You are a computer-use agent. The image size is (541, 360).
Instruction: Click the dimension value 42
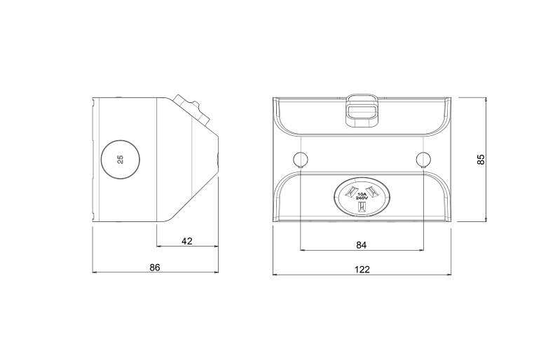(186, 241)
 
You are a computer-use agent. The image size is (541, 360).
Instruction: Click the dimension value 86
(155, 268)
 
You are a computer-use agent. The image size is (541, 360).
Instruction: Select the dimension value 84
(361, 245)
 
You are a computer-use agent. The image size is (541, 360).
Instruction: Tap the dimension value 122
(362, 270)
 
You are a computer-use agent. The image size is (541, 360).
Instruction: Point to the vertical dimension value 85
(481, 159)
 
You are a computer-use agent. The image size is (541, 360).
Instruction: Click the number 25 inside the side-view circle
(120, 159)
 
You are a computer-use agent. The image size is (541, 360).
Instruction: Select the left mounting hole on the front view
(300, 159)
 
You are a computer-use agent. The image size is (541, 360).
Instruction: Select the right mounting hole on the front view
(423, 159)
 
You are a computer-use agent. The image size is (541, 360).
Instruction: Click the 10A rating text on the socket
(362, 194)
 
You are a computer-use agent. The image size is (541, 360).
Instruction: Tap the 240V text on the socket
(362, 198)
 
